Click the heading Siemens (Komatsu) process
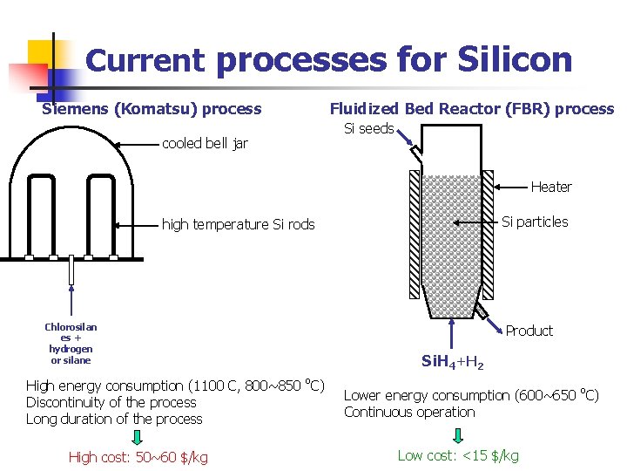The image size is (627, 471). pyautogui.click(x=152, y=109)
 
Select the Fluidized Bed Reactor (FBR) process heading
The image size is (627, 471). pyautogui.click(x=471, y=109)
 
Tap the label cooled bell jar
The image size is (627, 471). pyautogui.click(x=205, y=143)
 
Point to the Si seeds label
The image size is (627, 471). pyautogui.click(x=368, y=129)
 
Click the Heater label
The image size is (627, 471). pyautogui.click(x=551, y=187)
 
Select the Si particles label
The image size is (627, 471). pyautogui.click(x=535, y=222)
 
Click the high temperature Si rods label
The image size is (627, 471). pyautogui.click(x=238, y=224)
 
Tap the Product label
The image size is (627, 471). pyautogui.click(x=529, y=331)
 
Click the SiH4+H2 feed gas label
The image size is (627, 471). pyautogui.click(x=453, y=361)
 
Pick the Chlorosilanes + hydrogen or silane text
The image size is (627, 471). pyautogui.click(x=71, y=343)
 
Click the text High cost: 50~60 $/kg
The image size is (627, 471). pyautogui.click(x=138, y=457)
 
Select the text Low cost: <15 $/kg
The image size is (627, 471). pyautogui.click(x=458, y=455)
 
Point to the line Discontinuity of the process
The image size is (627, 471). pyautogui.click(x=111, y=402)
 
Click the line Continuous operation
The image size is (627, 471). pyautogui.click(x=409, y=412)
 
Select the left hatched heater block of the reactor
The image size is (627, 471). pyautogui.click(x=414, y=233)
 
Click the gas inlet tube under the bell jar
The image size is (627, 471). pyautogui.click(x=71, y=274)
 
